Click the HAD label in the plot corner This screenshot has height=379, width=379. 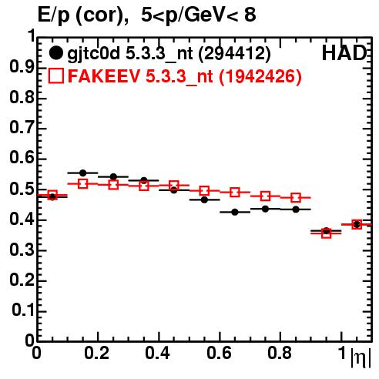(x=344, y=53)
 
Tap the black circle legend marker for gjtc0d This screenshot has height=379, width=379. (x=55, y=53)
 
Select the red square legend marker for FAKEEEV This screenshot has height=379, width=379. (x=56, y=75)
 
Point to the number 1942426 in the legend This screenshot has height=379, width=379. (x=260, y=76)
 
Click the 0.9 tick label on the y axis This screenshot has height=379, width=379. (x=22, y=67)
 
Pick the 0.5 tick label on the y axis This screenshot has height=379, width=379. (x=22, y=189)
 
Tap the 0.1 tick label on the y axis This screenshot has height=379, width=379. (x=23, y=310)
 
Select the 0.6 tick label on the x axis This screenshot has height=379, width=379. (x=219, y=353)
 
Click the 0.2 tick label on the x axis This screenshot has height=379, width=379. (x=97, y=353)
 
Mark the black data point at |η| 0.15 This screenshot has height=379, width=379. (x=82, y=173)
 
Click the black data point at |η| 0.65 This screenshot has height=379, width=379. (x=235, y=212)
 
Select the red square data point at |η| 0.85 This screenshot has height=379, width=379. (x=296, y=198)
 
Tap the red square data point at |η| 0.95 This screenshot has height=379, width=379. (x=326, y=233)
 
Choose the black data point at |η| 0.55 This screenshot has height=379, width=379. (x=204, y=200)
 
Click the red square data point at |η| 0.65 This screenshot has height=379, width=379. (x=235, y=192)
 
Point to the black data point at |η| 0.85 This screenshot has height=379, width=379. (x=296, y=210)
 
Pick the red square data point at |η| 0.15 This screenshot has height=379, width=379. (x=82, y=183)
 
